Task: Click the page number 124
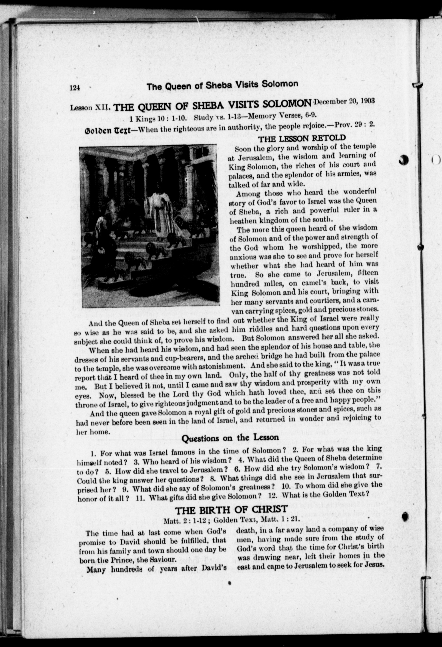[x=75, y=88]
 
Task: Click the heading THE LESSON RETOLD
[x=302, y=138]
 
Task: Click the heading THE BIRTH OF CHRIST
[x=231, y=510]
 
